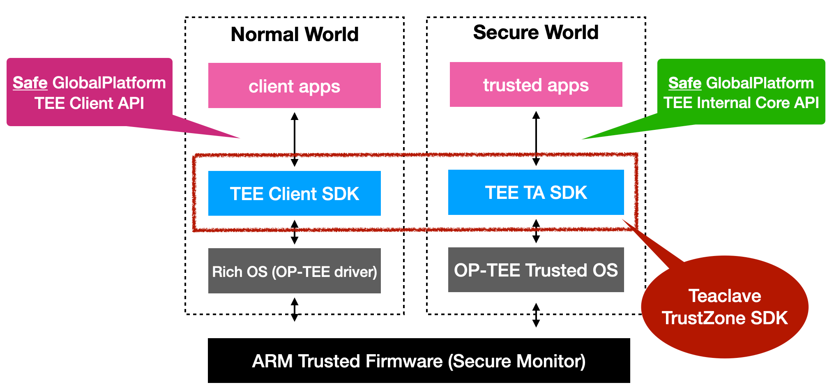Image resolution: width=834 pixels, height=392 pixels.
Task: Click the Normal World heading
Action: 295,34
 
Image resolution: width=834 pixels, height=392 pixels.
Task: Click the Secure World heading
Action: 536,32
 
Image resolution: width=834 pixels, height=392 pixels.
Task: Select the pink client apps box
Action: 294,85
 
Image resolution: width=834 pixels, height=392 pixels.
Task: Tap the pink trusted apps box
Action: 536,85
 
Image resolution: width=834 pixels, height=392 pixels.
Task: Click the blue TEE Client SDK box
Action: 294,194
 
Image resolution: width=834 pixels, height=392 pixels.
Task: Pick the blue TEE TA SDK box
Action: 536,192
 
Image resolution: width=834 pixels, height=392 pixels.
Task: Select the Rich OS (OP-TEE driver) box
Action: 294,271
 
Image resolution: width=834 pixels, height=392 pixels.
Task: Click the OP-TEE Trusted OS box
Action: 536,270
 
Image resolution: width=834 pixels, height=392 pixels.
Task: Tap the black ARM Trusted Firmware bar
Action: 419,361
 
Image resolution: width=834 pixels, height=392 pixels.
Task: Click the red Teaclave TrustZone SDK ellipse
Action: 724,307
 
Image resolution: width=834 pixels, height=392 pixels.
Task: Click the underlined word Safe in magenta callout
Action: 30,83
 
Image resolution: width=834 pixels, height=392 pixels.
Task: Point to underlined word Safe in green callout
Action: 684,83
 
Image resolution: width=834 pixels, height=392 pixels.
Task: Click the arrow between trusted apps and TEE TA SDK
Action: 536,138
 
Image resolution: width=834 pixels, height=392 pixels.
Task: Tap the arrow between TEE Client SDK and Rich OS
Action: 295,232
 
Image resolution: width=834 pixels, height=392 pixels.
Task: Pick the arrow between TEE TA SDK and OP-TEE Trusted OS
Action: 536,231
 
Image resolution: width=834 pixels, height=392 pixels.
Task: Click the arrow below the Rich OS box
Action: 295,309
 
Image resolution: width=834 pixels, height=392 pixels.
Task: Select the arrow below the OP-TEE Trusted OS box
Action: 536,315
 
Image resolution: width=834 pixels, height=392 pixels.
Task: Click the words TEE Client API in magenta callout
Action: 89,104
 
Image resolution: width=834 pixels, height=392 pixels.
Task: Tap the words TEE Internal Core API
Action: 741,103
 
